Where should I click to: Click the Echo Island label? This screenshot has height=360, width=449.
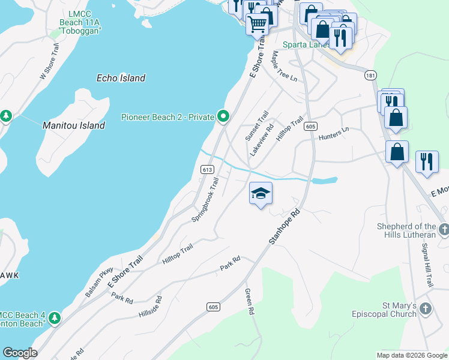121,78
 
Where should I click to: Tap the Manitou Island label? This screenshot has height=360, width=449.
74,126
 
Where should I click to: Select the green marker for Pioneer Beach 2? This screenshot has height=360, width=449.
224,116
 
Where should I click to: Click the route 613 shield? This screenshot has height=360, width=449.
207,170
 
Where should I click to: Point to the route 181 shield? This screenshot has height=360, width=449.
370,75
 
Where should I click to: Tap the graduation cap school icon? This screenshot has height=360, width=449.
261,194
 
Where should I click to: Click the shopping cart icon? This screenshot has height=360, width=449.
258,25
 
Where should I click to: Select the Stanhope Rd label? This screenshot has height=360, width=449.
284,226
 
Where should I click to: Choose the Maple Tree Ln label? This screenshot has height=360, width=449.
285,65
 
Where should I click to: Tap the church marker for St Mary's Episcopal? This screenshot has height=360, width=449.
426,309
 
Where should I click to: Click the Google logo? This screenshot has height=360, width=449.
20,353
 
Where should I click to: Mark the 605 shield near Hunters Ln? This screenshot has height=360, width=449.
310,126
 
